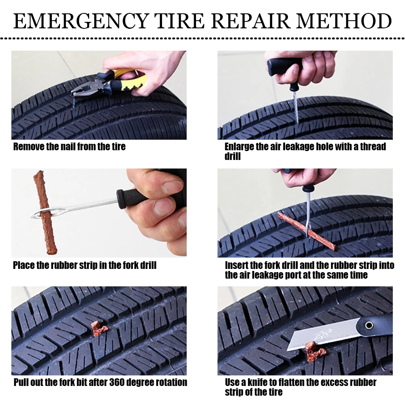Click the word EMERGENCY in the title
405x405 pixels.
(81, 21)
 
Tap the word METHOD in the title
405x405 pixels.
(344, 21)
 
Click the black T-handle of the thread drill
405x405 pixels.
(284, 67)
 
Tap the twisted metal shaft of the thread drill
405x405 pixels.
(296, 107)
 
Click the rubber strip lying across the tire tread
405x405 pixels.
(306, 231)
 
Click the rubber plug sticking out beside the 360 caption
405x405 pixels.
(99, 328)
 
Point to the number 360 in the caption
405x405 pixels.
(117, 382)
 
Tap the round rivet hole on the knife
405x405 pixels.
(369, 325)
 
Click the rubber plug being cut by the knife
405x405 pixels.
(314, 352)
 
